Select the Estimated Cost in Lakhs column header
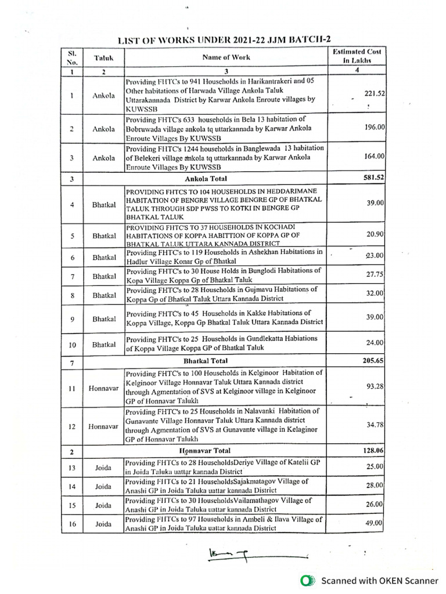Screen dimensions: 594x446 (357, 56)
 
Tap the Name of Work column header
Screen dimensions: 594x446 (226, 57)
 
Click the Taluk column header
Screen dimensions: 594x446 (103, 58)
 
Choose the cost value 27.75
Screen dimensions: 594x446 (375, 276)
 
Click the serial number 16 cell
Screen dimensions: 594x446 (71, 524)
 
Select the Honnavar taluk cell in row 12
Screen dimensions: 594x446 (103, 426)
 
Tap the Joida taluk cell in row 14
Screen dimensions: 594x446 (103, 486)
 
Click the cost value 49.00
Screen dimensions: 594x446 (375, 523)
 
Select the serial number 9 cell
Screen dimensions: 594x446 (71, 319)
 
